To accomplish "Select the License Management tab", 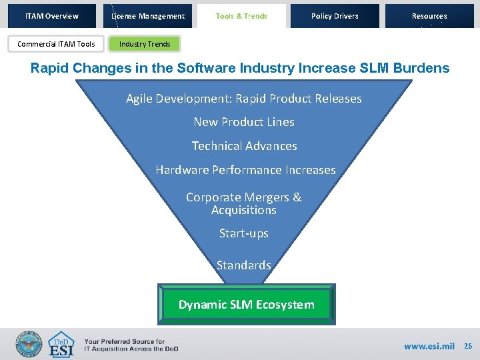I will click(148, 16).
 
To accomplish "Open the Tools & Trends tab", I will click(241, 16).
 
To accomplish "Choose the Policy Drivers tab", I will click(335, 16).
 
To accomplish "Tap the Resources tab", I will click(429, 16).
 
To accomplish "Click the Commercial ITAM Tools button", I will click(56, 44).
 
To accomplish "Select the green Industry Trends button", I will click(145, 44).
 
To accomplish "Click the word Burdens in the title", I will click(423, 68).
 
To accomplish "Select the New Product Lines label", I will click(244, 122).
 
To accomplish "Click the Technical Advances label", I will click(244, 146).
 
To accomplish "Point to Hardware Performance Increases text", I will click(245, 170).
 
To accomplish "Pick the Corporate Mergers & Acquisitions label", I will click(244, 203).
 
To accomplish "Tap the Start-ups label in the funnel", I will click(244, 233).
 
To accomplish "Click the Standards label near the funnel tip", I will click(244, 265).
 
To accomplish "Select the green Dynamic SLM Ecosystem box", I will click(246, 305).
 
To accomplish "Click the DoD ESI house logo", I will click(61, 345).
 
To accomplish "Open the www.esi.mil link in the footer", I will click(429, 346).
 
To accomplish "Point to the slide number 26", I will click(468, 346).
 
